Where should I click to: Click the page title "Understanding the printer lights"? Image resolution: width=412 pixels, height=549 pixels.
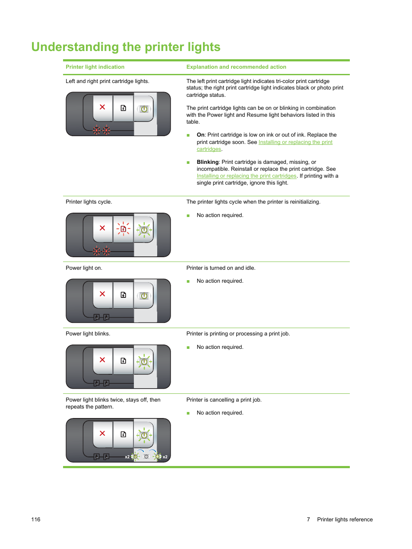coord(126,47)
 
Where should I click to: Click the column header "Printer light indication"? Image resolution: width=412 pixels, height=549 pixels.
coord(95,67)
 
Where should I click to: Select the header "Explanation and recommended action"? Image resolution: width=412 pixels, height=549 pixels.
coord(236,67)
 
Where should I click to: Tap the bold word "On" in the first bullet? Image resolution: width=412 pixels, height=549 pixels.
coord(200,135)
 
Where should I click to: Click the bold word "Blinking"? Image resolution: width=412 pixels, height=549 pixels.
coord(207,162)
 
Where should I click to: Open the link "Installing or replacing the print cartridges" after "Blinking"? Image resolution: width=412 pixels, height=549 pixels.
coord(246,176)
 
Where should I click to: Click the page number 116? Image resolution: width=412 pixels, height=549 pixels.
coord(36,520)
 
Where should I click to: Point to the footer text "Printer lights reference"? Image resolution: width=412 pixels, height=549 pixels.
coord(345,520)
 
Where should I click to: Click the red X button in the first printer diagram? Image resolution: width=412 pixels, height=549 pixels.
coord(102,107)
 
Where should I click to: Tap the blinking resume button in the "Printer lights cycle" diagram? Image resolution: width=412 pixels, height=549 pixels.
coord(123,229)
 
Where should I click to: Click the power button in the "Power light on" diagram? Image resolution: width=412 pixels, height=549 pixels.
coord(144,296)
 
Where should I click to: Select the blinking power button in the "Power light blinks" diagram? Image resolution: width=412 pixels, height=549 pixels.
coord(144,361)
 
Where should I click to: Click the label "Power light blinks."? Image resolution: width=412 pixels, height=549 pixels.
coord(88,334)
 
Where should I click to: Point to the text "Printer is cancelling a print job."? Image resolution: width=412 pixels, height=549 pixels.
coord(224,400)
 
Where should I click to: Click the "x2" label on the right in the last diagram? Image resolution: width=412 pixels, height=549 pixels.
coord(165,457)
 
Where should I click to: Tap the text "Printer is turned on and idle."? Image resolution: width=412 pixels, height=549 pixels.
coord(221,268)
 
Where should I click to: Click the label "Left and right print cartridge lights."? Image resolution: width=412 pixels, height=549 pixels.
coord(107,81)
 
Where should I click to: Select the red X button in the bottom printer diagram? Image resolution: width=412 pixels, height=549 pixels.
coord(102,434)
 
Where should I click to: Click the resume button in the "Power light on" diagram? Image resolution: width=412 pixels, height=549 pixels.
coord(123,295)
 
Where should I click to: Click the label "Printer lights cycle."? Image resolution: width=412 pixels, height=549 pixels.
coord(89,202)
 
